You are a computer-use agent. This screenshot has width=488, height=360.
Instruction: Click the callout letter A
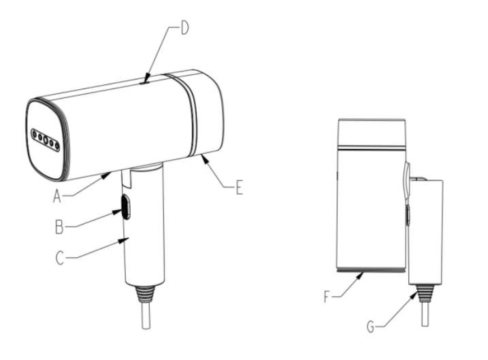[56, 197]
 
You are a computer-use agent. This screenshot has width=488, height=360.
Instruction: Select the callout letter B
[59, 227]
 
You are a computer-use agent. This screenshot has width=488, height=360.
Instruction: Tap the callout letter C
[60, 258]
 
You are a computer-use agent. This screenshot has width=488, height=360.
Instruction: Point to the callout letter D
[184, 28]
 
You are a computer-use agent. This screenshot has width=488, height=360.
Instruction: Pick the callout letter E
[239, 188]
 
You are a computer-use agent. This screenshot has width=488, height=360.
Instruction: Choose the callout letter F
[326, 297]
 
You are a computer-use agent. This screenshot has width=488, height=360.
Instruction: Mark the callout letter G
[370, 327]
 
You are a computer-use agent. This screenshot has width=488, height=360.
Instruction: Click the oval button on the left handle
[126, 207]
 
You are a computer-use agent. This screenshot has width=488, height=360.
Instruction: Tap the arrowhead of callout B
[117, 212]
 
